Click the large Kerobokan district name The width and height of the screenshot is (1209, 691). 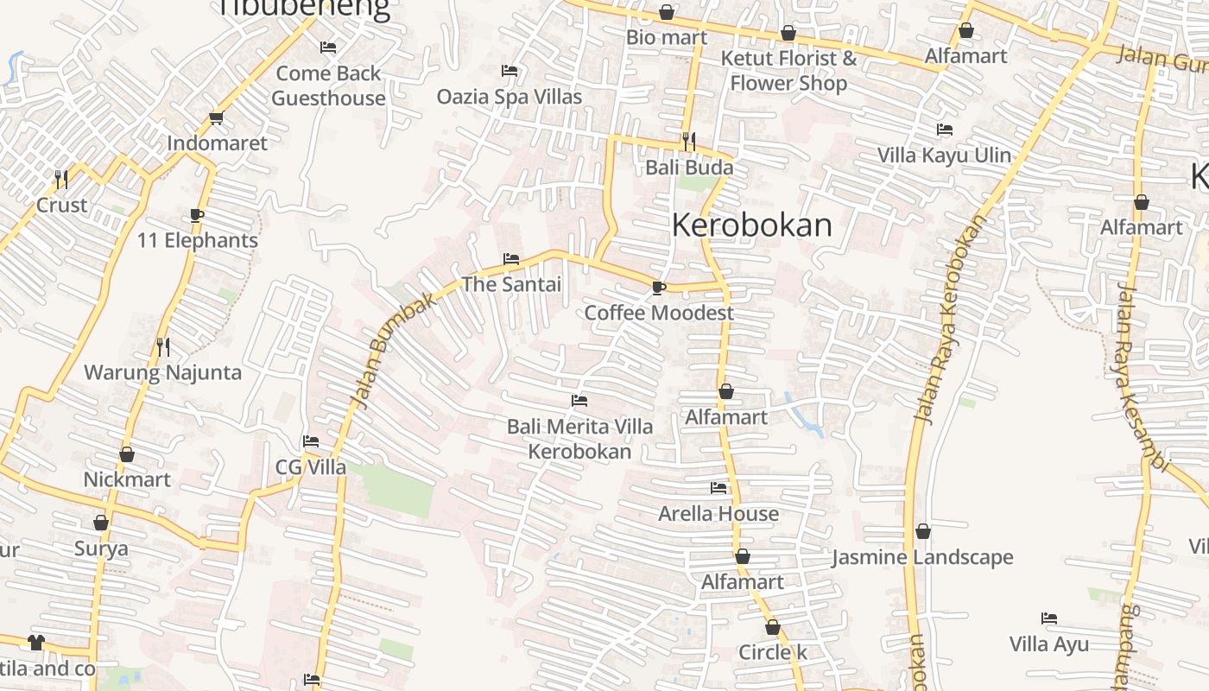[751, 225]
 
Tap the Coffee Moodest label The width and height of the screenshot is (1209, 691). [659, 313]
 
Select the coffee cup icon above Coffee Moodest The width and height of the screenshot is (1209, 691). [659, 288]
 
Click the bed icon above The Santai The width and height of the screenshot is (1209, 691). [511, 259]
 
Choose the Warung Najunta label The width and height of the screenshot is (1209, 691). [162, 373]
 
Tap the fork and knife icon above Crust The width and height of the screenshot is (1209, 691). [61, 179]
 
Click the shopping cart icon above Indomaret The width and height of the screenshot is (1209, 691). [216, 118]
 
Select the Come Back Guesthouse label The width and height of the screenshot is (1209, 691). [328, 86]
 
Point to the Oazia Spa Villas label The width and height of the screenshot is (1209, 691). [510, 97]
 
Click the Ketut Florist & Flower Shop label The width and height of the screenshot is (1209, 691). [788, 71]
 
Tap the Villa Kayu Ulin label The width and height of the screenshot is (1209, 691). [944, 155]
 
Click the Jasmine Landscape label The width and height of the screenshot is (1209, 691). [922, 557]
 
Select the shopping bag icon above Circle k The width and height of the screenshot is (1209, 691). [773, 627]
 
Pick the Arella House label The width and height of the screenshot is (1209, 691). [718, 514]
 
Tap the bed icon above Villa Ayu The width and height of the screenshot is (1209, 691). [1049, 618]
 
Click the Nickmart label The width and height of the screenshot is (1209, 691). [127, 479]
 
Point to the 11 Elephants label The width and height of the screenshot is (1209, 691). [198, 240]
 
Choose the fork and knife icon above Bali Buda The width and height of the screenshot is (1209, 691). [689, 141]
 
